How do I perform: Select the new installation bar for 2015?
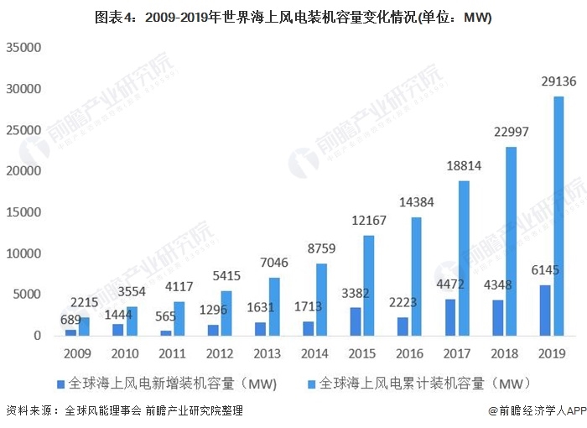355,321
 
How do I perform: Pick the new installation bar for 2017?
449,317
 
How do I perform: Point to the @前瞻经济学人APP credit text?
536,411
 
